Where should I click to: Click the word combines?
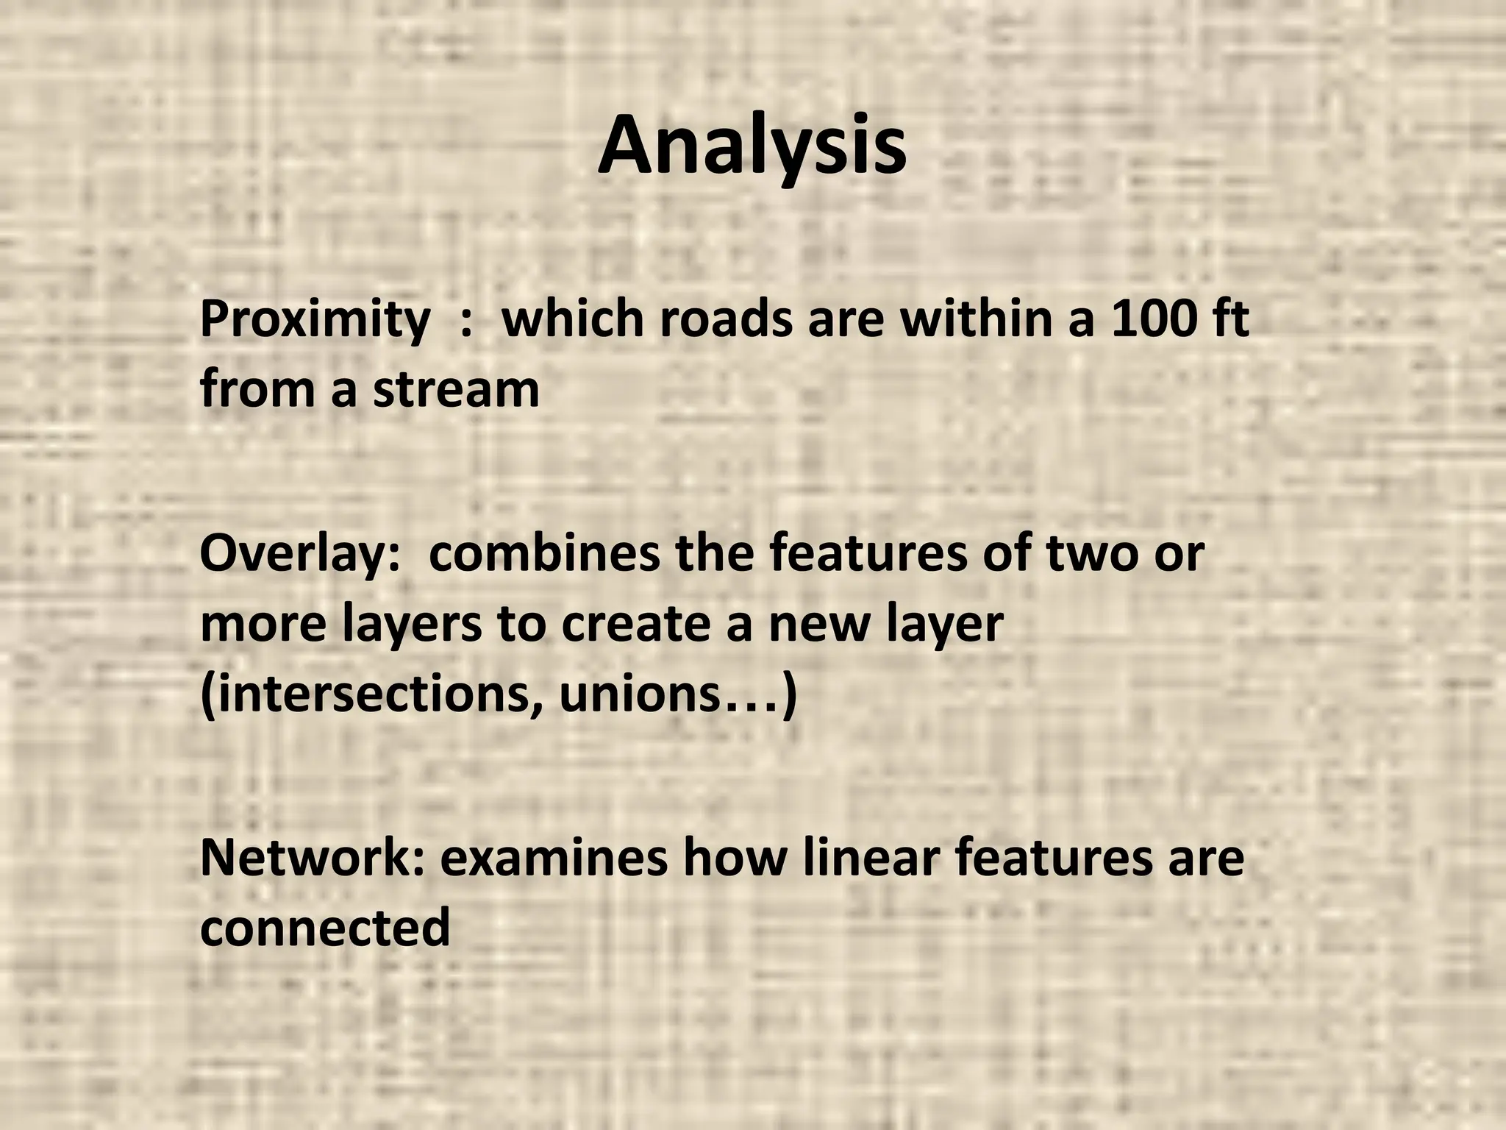pyautogui.click(x=544, y=554)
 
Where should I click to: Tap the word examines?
pyautogui.click(x=554, y=858)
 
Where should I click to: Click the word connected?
pyautogui.click(x=325, y=928)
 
